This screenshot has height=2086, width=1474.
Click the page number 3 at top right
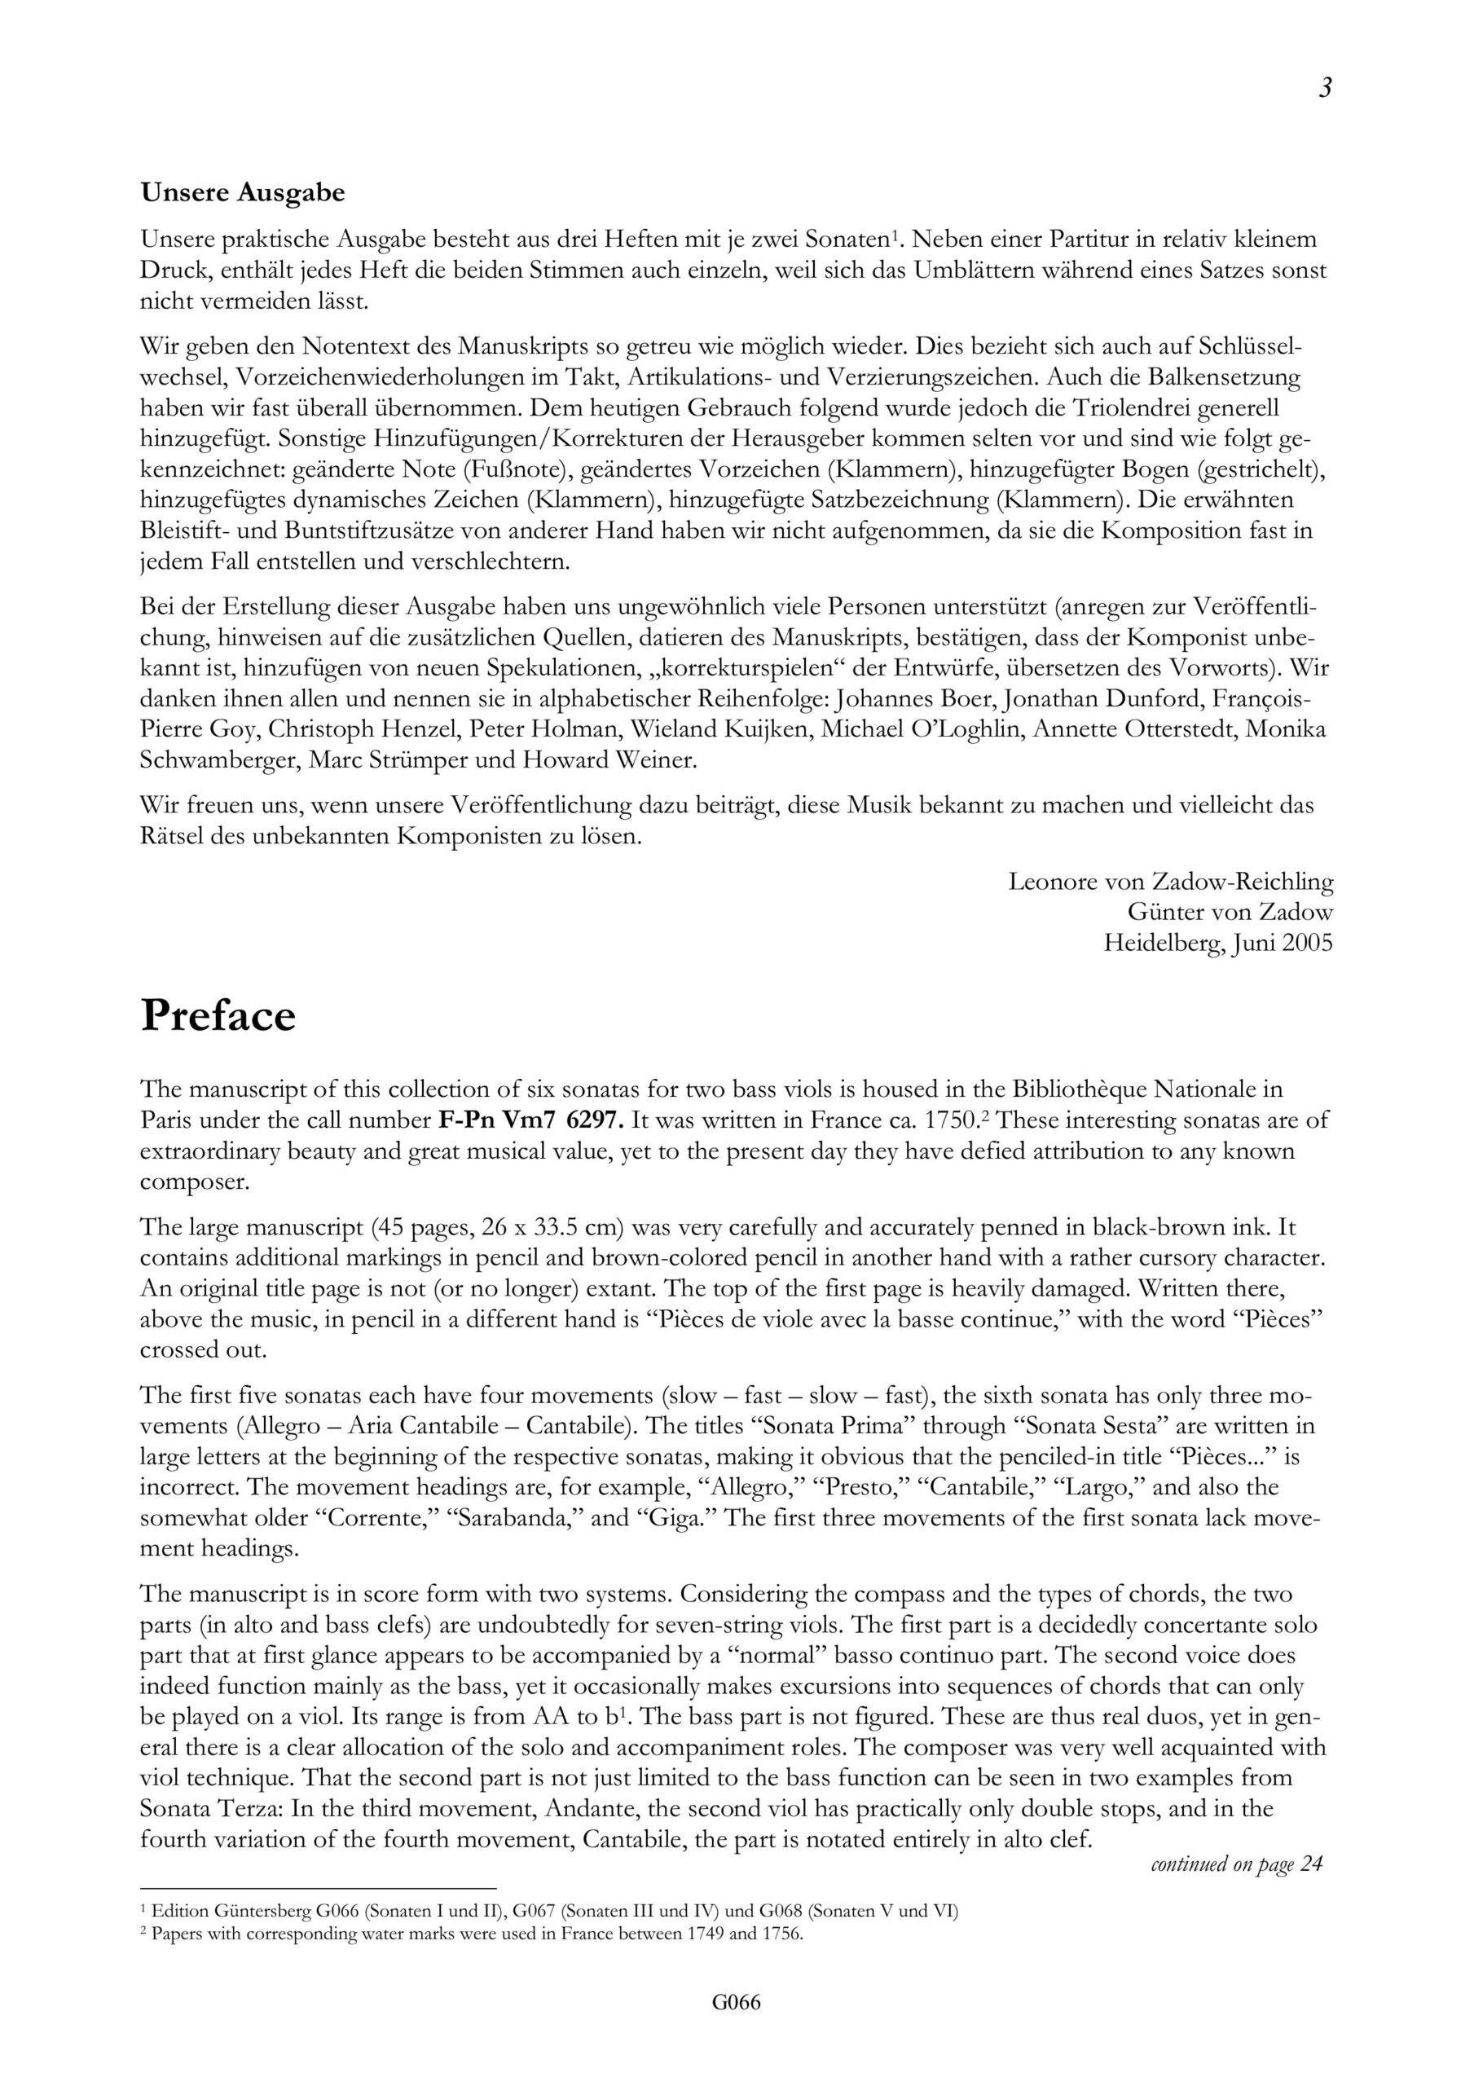coord(1325,88)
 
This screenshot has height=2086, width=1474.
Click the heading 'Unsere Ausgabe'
coord(243,192)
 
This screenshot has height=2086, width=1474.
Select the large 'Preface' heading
coord(218,1016)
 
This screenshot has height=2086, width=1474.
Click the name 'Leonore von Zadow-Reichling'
coord(1170,882)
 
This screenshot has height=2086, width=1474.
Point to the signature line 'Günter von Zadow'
coord(1230,912)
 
